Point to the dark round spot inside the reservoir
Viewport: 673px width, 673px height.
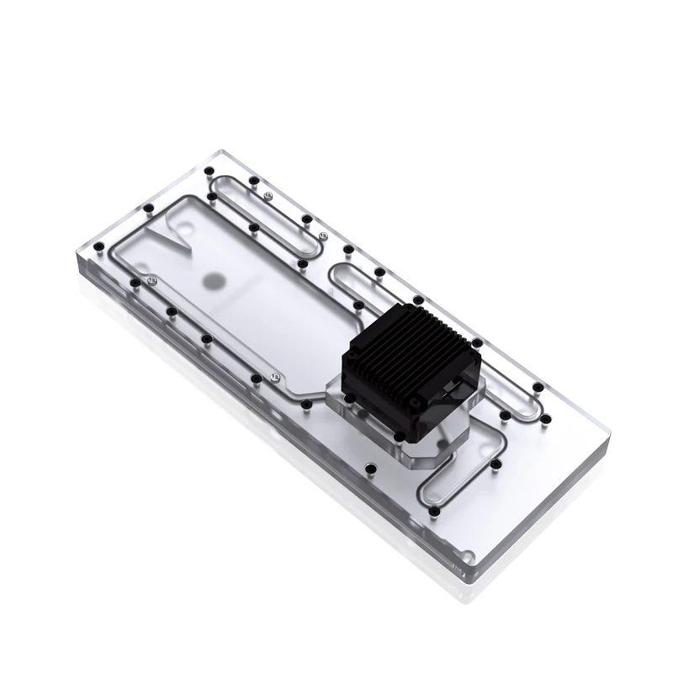point(215,280)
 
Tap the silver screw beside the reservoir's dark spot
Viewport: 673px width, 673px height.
point(151,279)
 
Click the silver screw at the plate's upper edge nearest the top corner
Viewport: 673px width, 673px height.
point(267,195)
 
